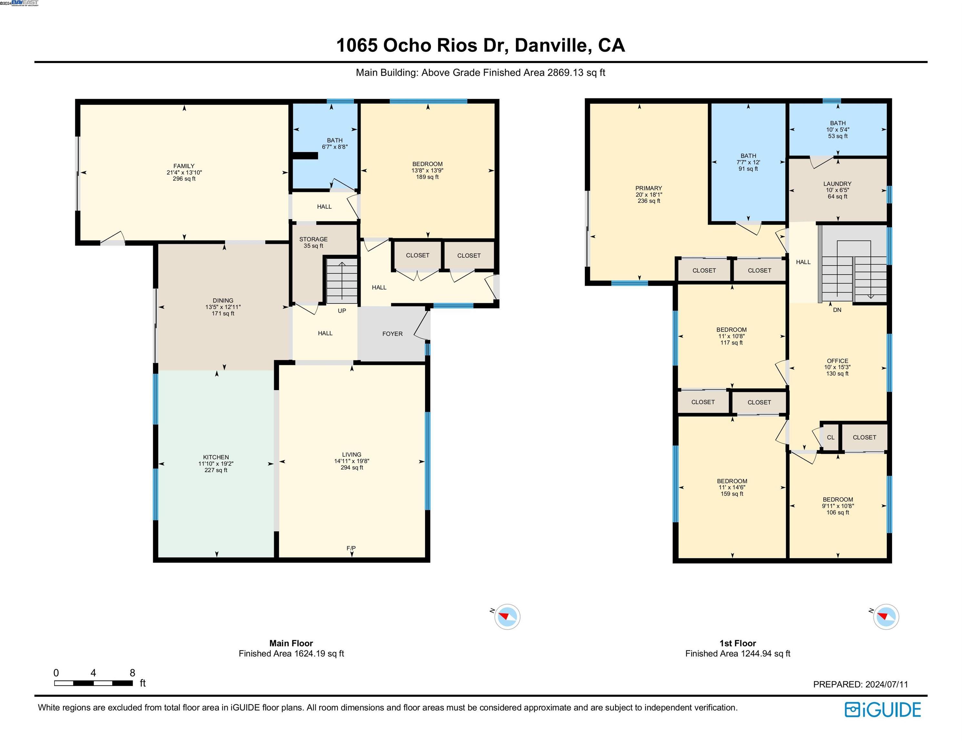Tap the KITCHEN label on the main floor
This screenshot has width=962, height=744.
pyautogui.click(x=216, y=457)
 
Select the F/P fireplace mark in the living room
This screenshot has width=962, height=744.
pyautogui.click(x=351, y=548)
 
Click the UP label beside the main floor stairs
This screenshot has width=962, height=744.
pyautogui.click(x=342, y=311)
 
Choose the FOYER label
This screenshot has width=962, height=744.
pyautogui.click(x=392, y=334)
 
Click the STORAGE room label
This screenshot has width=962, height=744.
pyautogui.click(x=314, y=239)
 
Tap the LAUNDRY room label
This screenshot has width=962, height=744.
pyautogui.click(x=837, y=184)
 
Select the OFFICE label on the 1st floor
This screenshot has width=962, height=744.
pyautogui.click(x=837, y=361)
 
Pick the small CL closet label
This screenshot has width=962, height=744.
pyautogui.click(x=831, y=437)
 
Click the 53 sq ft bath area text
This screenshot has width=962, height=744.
pyautogui.click(x=838, y=136)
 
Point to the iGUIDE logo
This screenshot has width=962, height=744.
pyautogui.click(x=883, y=710)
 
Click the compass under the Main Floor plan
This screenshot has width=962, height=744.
pyautogui.click(x=507, y=617)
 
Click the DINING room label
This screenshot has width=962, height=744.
pyautogui.click(x=223, y=301)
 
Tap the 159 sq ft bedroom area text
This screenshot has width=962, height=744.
pyautogui.click(x=732, y=494)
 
